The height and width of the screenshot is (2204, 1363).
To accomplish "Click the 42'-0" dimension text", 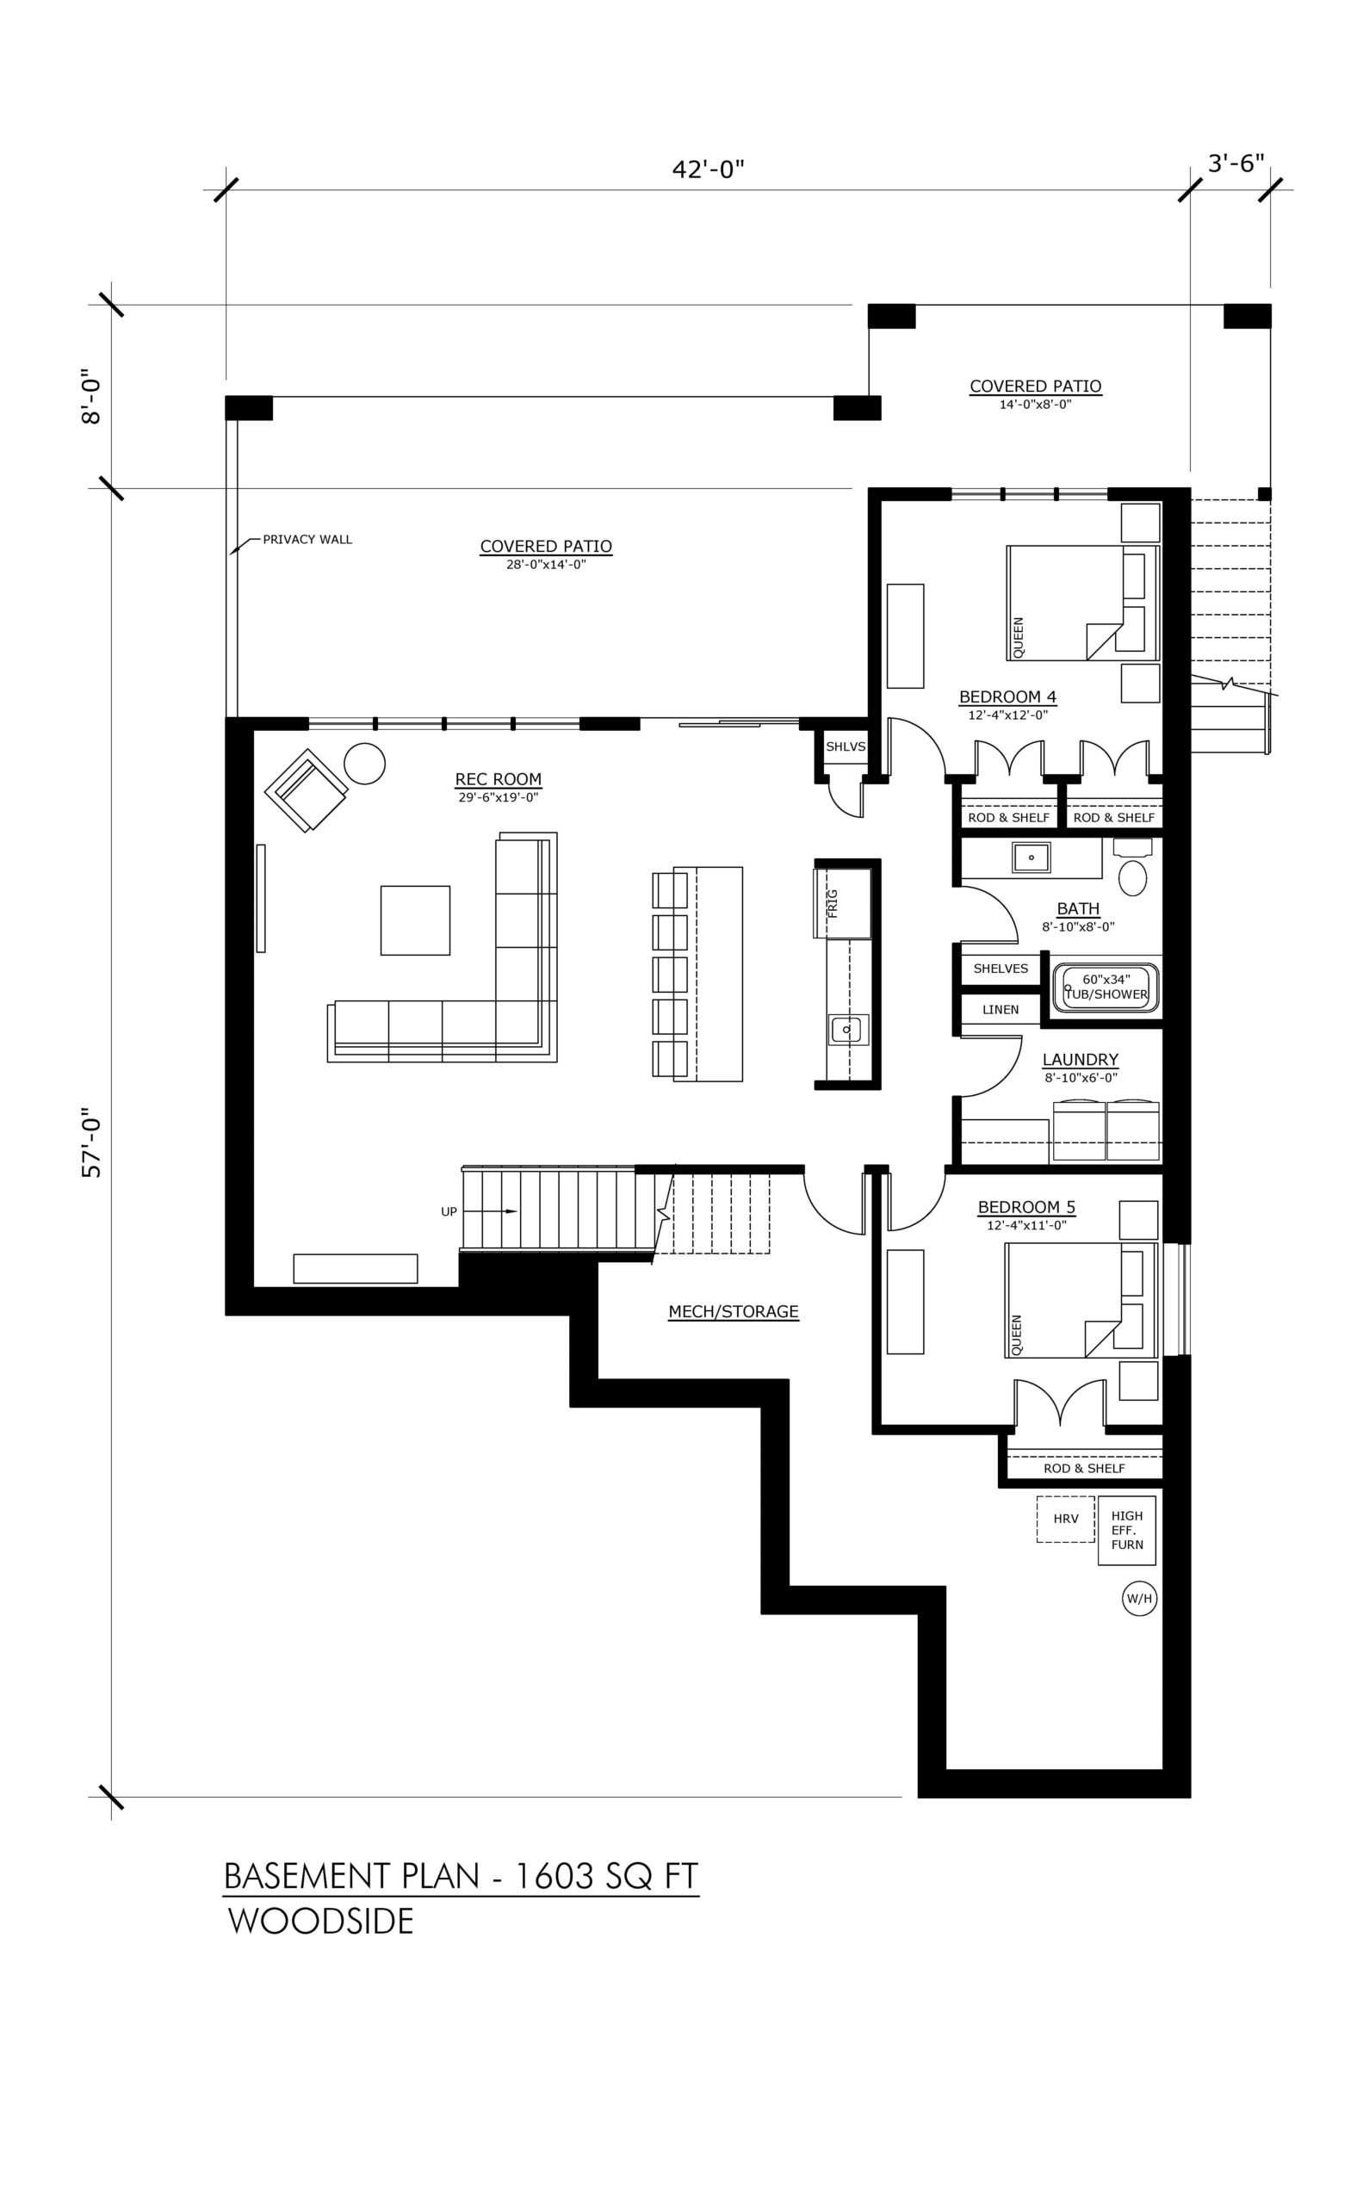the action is click(x=709, y=170).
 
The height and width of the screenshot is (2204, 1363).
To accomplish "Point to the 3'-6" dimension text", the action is click(x=1235, y=164).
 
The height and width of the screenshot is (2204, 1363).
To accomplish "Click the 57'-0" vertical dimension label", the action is click(x=93, y=1142).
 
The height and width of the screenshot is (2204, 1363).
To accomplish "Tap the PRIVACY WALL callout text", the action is click(x=307, y=540).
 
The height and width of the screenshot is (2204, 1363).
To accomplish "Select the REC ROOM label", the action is click(x=499, y=780).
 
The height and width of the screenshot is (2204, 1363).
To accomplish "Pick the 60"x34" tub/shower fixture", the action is click(x=1107, y=987).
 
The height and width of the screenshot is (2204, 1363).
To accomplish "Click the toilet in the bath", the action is click(x=1133, y=866).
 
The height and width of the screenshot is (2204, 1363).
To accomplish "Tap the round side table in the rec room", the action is click(x=365, y=764).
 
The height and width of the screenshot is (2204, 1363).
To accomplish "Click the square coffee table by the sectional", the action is click(x=415, y=919).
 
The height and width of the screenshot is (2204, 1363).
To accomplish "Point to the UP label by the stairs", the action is click(x=449, y=1212).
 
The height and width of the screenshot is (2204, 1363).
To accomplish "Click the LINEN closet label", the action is click(x=1001, y=1010).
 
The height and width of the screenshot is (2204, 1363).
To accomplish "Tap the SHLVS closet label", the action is click(x=846, y=746).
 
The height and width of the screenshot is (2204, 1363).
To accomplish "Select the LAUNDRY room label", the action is click(x=1081, y=1060).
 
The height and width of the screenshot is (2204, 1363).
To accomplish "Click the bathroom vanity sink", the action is click(x=1032, y=857).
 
